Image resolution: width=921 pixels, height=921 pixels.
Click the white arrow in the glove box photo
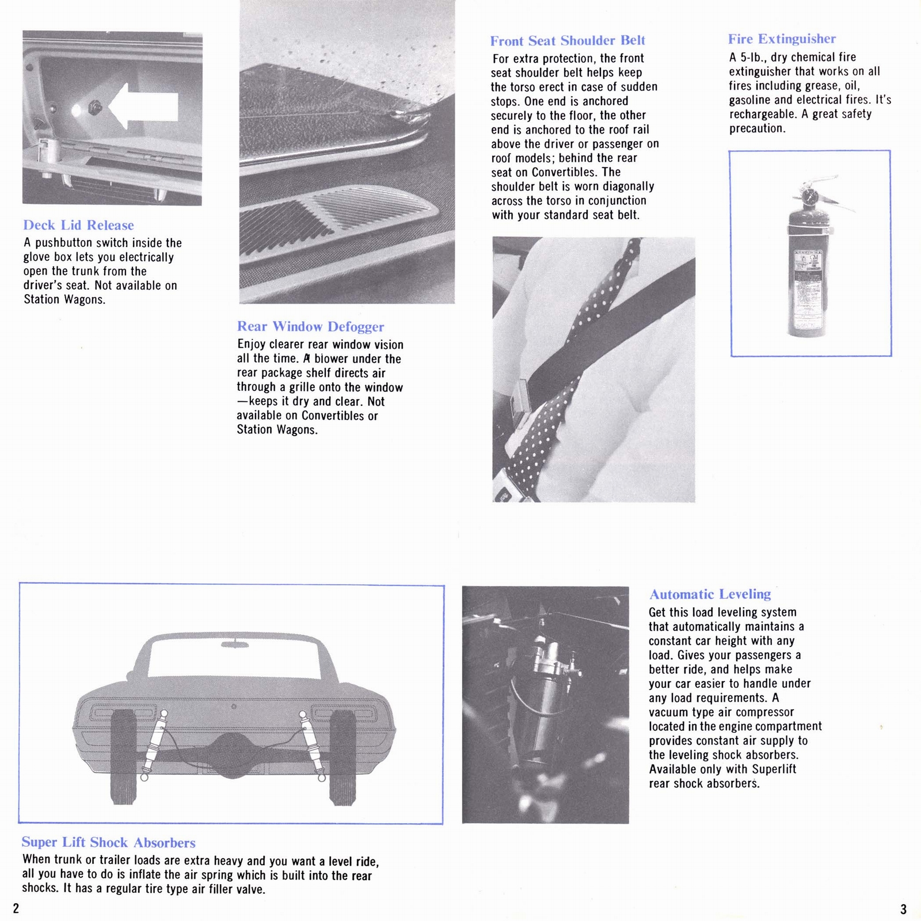point(144,106)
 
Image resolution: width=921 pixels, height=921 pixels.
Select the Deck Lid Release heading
point(78,225)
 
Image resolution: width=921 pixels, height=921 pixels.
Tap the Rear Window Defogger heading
point(310,326)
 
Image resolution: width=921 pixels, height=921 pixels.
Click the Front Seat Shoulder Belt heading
point(567,40)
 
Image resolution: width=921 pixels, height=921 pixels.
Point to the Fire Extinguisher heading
point(781,39)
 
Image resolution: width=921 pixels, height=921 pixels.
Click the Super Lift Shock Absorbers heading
point(108,842)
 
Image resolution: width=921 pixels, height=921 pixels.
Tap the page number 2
point(16,908)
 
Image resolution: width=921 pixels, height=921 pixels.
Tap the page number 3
point(903,909)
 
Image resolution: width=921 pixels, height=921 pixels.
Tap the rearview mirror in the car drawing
point(235,642)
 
